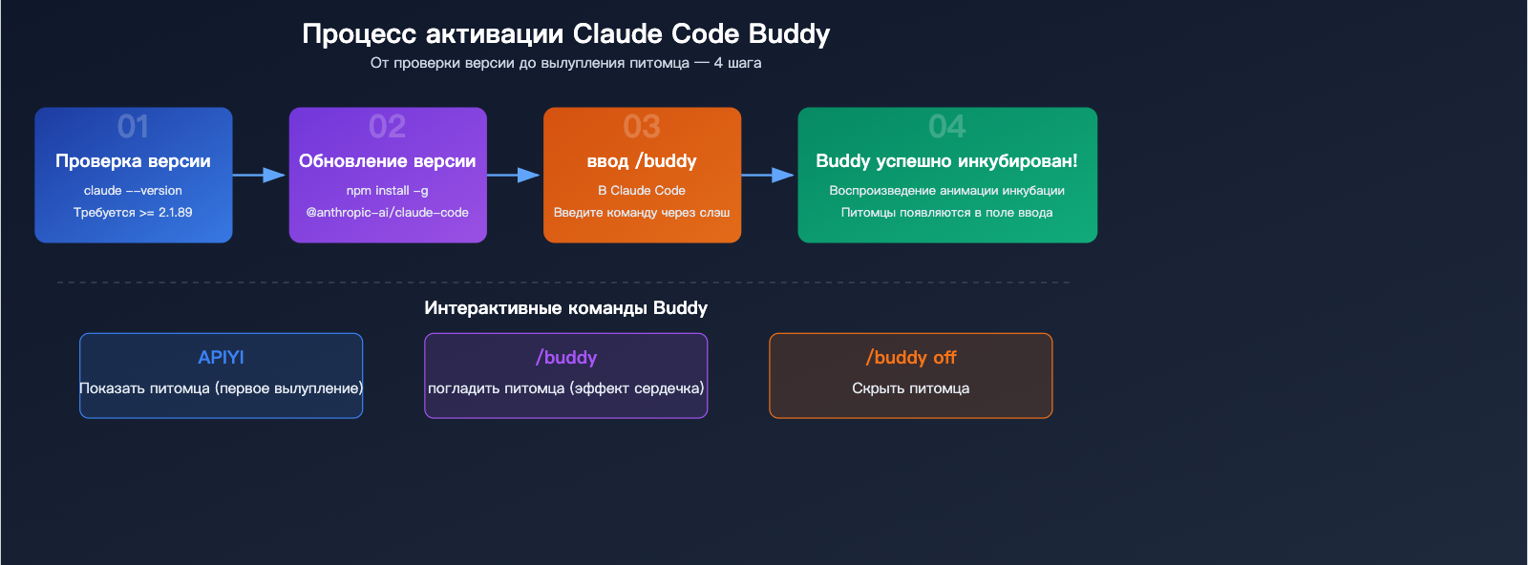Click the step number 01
pyautogui.click(x=133, y=127)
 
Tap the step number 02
pyautogui.click(x=387, y=127)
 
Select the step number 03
pyautogui.click(x=642, y=127)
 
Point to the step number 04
pyautogui.click(x=946, y=127)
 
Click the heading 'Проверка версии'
pyautogui.click(x=133, y=161)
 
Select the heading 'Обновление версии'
pyautogui.click(x=387, y=161)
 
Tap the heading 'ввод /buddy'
pyautogui.click(x=642, y=161)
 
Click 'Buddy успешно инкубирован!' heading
pyautogui.click(x=946, y=161)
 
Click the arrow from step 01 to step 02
pyautogui.click(x=260, y=175)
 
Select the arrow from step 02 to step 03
pyautogui.click(x=514, y=175)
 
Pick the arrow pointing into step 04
pyautogui.click(x=768, y=175)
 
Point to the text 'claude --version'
pyautogui.click(x=133, y=191)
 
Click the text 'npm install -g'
pyautogui.click(x=387, y=191)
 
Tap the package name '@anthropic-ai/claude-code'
pyautogui.click(x=387, y=213)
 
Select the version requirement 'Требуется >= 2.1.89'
pyautogui.click(x=133, y=213)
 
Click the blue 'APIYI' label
pyautogui.click(x=221, y=358)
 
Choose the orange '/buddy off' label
pyautogui.click(x=910, y=358)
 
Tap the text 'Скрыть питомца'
pyautogui.click(x=910, y=388)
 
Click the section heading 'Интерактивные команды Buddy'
pyautogui.click(x=565, y=308)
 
